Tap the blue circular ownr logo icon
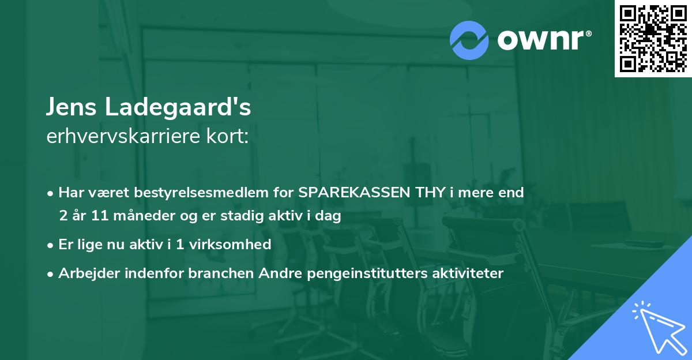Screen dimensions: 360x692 469,40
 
